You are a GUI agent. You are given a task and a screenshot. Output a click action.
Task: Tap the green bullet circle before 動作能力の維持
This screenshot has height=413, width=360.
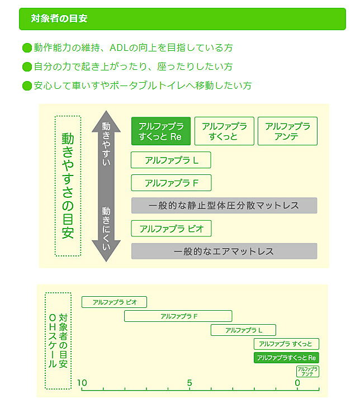click(x=27, y=48)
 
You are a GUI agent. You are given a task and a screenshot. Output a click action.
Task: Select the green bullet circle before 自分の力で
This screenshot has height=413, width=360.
click(x=27, y=67)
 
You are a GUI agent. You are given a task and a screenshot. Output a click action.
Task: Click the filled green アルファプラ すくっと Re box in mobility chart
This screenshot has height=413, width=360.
click(x=161, y=131)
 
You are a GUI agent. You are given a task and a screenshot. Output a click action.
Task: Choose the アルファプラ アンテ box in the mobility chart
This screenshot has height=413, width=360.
click(x=287, y=131)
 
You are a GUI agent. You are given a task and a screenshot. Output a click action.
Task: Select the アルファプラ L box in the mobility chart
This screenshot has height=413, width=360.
click(x=171, y=160)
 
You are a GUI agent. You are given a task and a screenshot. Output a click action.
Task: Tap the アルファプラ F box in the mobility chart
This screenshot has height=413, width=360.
click(x=171, y=183)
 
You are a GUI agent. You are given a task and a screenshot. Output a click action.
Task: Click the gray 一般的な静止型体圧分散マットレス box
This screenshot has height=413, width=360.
click(x=224, y=205)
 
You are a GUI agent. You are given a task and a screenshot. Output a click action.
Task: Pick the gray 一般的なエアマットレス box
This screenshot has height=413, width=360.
click(x=224, y=251)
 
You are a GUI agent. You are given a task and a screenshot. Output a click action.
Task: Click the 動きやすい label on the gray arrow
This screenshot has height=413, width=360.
click(x=106, y=144)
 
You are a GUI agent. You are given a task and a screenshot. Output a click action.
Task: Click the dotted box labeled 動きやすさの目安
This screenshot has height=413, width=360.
click(x=68, y=186)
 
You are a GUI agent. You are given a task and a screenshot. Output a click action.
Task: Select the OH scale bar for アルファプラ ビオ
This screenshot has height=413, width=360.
click(x=114, y=302)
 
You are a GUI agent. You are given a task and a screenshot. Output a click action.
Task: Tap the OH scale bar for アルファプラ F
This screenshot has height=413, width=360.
click(x=178, y=316)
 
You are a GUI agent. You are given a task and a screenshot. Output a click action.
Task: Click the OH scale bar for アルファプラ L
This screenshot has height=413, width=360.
click(x=243, y=330)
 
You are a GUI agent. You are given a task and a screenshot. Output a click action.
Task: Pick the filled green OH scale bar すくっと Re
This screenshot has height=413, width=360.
click(x=286, y=357)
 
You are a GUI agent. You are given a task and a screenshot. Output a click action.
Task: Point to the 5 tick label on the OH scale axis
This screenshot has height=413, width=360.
click(x=190, y=383)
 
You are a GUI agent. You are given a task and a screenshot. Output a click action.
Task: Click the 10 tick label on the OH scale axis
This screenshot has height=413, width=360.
click(x=82, y=383)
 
